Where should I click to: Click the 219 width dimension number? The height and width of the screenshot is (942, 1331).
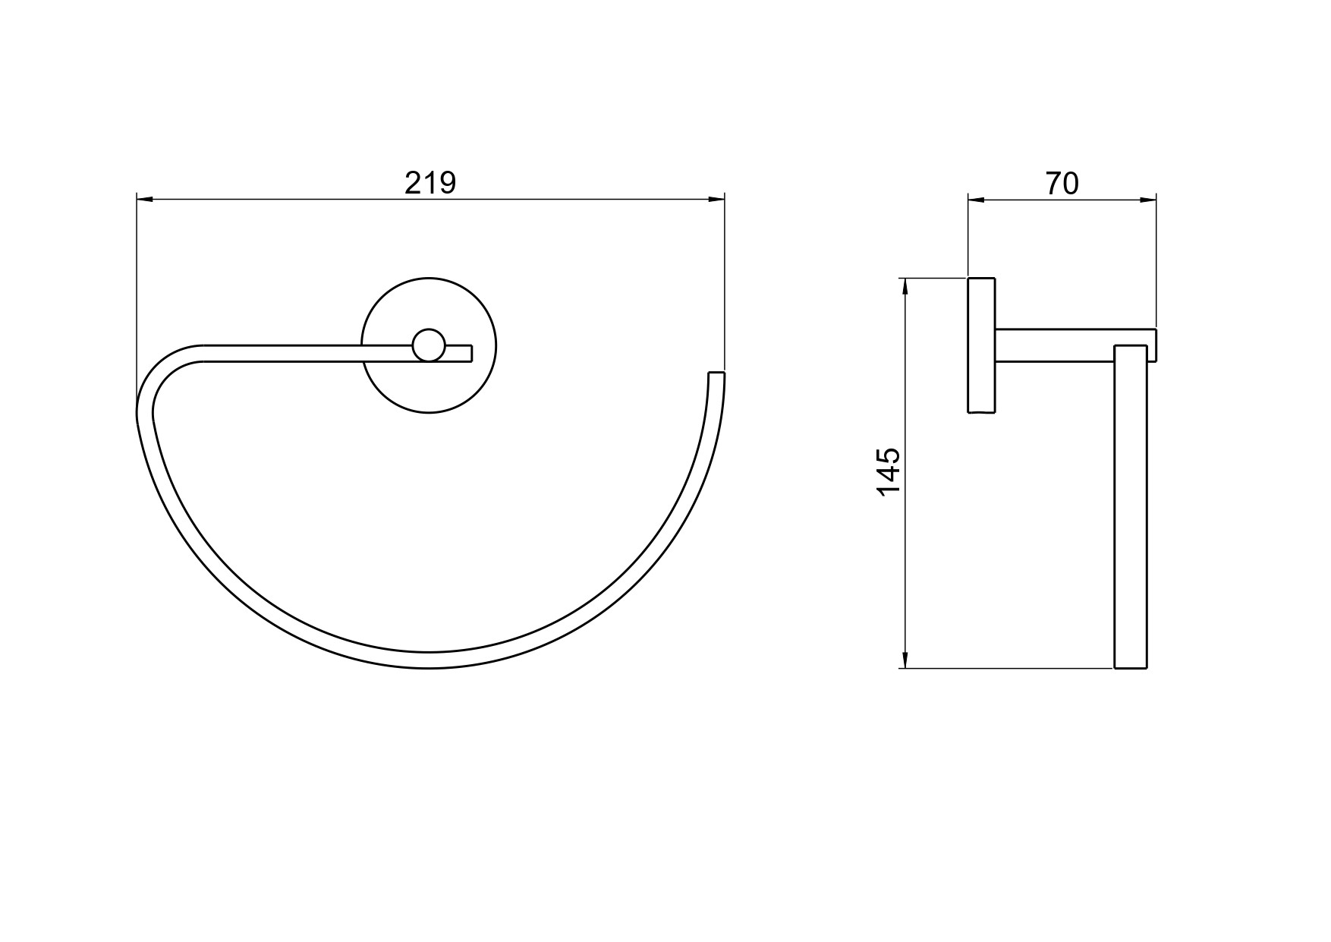tap(430, 183)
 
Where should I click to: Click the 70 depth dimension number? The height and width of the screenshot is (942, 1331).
tap(1062, 183)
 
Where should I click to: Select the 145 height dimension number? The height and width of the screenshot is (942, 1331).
tap(888, 472)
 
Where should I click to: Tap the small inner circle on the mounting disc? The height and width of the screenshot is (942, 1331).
tap(429, 345)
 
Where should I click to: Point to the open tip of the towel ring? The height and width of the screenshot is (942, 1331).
tap(716, 373)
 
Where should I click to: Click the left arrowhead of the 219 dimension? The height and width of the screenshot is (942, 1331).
tap(145, 200)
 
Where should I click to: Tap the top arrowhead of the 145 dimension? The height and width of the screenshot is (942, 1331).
tap(904, 288)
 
